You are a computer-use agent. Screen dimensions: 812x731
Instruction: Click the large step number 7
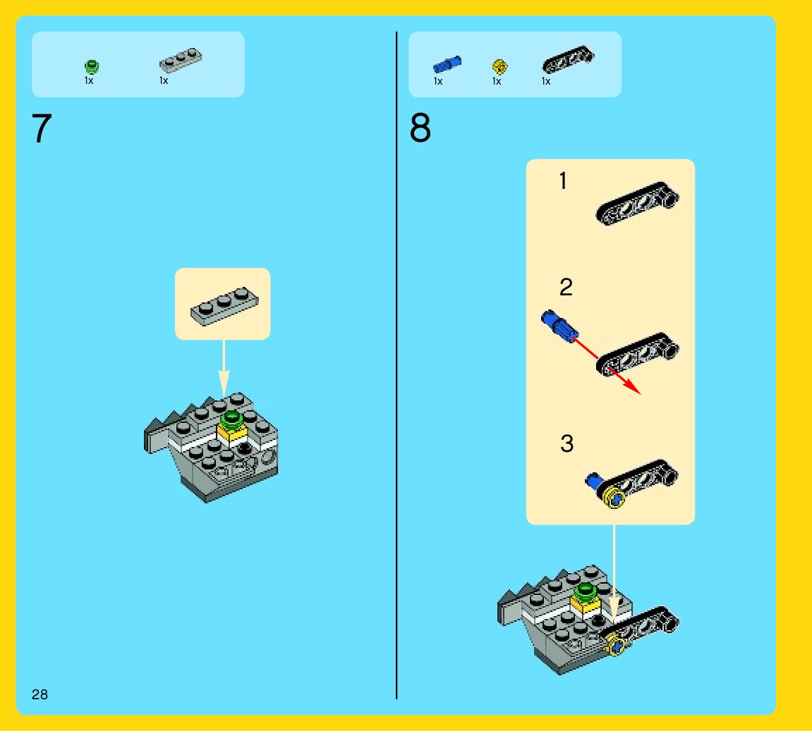point(42,129)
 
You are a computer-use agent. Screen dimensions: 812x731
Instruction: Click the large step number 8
point(420,129)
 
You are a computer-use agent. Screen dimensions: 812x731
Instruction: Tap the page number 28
point(40,694)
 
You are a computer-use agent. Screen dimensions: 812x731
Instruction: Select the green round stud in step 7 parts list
point(92,67)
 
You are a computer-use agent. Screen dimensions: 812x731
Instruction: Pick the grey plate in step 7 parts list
point(181,61)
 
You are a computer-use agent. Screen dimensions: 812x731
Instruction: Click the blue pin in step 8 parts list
point(447,65)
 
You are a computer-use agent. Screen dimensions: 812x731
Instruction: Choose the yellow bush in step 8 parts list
point(499,67)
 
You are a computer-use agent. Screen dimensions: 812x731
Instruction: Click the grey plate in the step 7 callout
point(222,307)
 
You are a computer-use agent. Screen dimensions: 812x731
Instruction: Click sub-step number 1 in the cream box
point(563,181)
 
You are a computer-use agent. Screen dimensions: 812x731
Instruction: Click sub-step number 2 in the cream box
point(566,287)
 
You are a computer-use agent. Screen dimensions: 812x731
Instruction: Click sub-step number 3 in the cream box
point(567,443)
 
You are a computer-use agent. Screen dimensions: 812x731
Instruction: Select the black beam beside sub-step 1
point(638,204)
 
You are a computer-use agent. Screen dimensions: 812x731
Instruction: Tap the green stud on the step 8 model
point(586,591)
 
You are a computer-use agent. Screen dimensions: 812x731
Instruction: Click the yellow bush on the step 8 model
point(617,644)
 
